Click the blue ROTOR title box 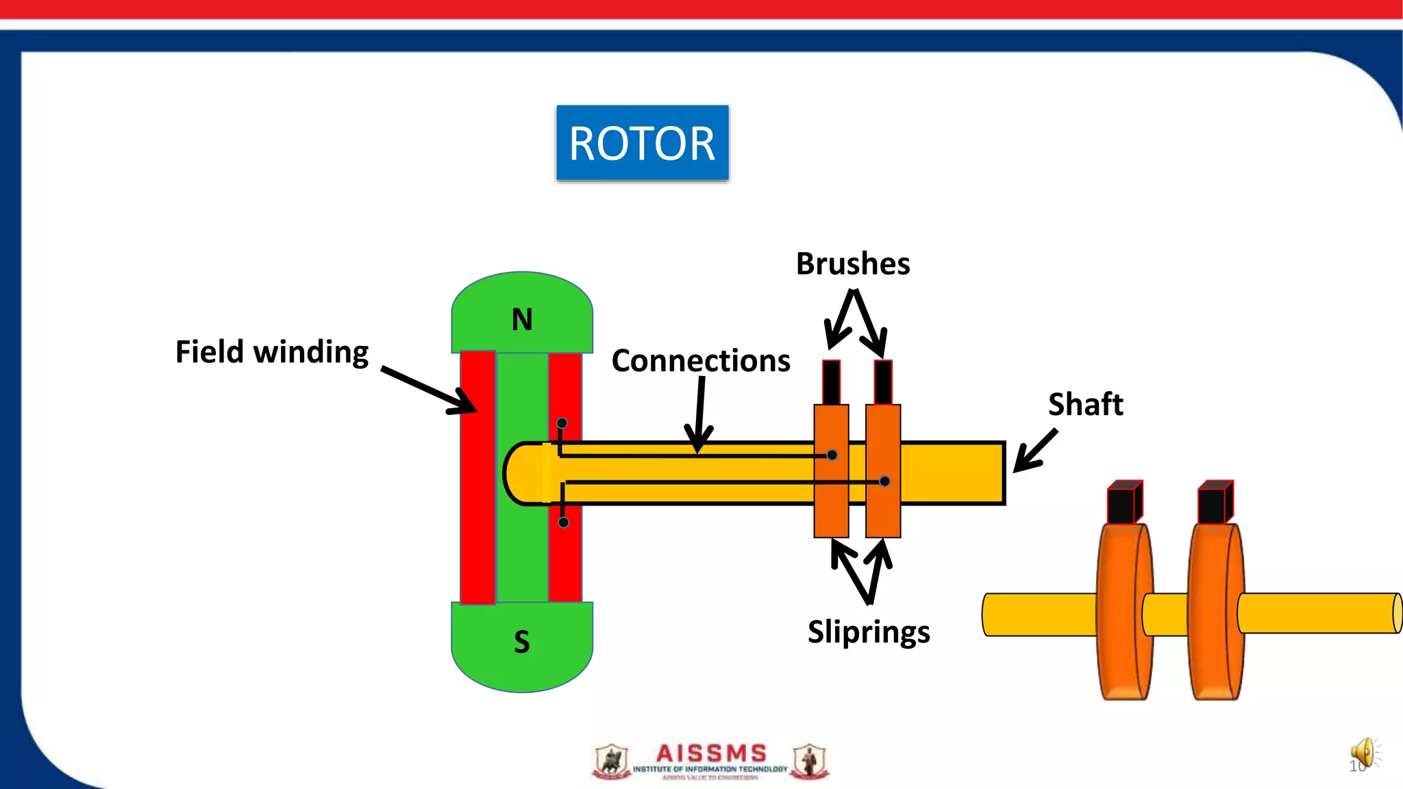coord(642,143)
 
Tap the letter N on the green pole coord(522,320)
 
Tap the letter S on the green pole coord(522,642)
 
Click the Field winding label coord(272,352)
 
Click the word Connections coord(701,361)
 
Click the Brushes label coord(853,264)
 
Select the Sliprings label coord(869,631)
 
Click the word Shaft coord(1086,404)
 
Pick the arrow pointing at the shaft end coord(1035,451)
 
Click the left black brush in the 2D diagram coord(831,382)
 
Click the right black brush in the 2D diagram coord(883,382)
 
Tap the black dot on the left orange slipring coord(832,455)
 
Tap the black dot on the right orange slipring coord(884,481)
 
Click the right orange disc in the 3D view coord(1215,612)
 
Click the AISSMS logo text coord(710,754)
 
